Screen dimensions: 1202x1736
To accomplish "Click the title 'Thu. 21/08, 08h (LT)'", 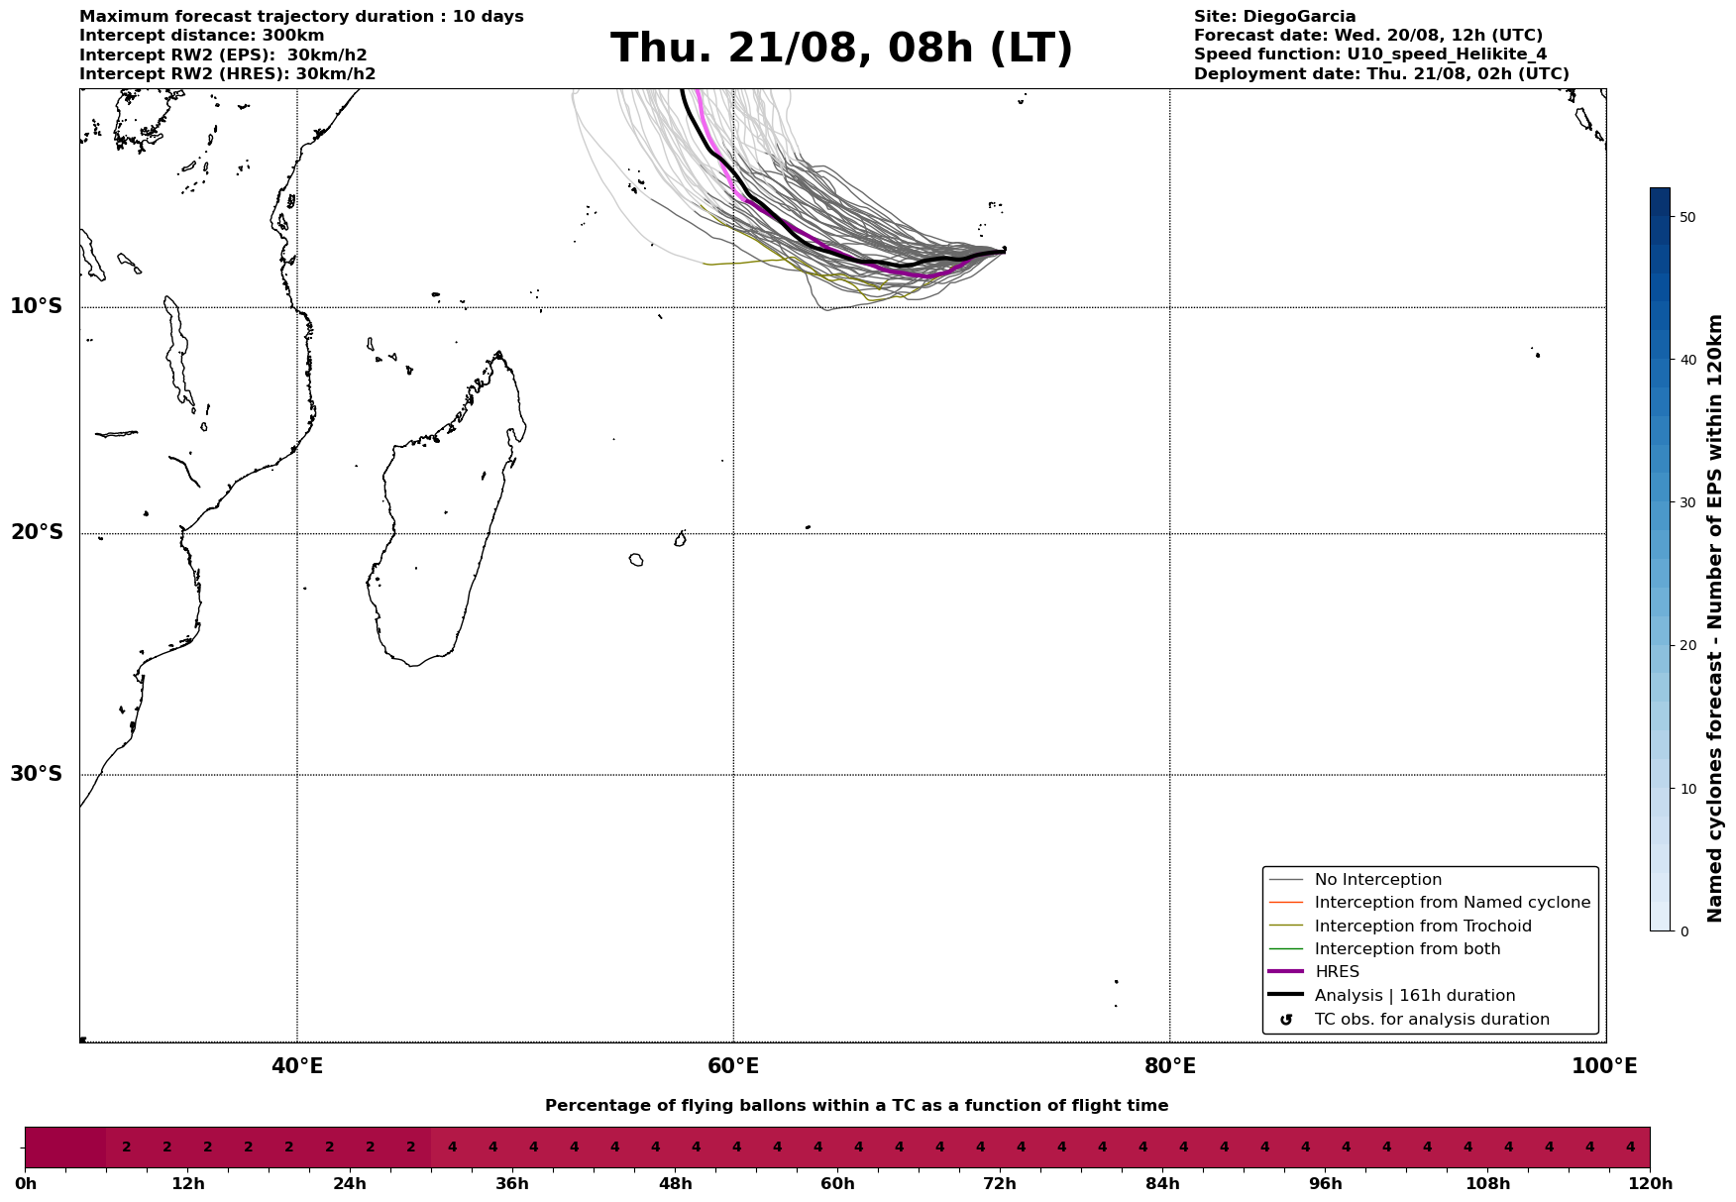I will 841,49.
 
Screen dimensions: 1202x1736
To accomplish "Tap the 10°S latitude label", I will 37,306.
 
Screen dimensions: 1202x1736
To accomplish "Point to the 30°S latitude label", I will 37,774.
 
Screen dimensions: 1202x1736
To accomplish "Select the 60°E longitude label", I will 733,1066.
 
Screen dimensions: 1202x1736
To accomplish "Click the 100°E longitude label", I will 1604,1066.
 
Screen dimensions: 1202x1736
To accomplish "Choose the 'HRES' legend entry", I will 1337,972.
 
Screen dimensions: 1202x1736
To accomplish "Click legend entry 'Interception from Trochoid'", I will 1422,927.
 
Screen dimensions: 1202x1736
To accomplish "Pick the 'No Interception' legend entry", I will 1377,880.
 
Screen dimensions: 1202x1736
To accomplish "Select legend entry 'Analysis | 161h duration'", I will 1414,996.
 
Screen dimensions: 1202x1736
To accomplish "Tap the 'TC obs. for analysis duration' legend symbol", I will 1286,1020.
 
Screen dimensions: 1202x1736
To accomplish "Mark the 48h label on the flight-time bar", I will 675,1184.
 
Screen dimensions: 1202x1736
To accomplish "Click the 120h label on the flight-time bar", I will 1650,1184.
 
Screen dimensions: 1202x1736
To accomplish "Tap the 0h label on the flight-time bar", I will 26,1184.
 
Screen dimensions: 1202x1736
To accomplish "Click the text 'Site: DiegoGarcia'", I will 1274,17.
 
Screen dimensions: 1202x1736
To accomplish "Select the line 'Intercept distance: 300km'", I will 201,36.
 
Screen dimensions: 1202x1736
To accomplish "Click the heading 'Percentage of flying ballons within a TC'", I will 856,1106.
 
